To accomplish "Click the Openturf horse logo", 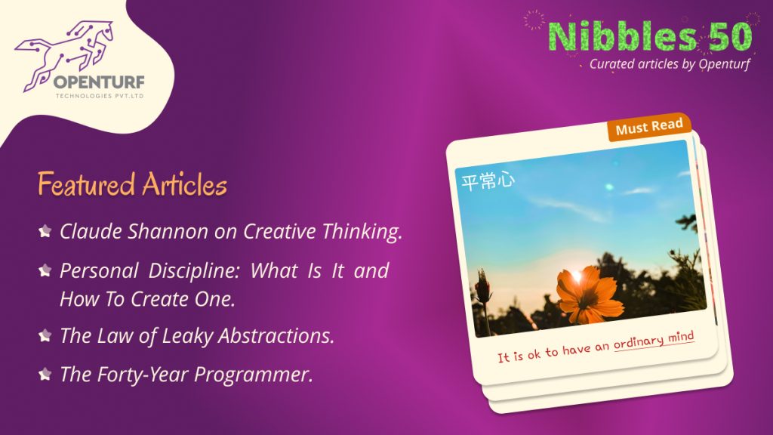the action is [64, 54].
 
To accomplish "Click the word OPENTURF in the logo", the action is [99, 82].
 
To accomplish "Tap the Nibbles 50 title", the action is [650, 36].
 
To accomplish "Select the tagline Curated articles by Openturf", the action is [670, 64].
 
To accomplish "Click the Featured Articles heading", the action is [132, 184].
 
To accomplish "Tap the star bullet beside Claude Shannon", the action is [45, 231].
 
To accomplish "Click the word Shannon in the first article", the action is [168, 231].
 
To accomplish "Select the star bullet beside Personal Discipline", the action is [45, 270].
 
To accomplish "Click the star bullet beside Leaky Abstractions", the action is [45, 336].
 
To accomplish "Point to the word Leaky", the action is [187, 336].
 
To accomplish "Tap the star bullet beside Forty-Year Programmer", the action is [45, 375].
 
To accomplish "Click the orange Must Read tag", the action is [649, 127].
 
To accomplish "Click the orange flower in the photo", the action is [587, 294].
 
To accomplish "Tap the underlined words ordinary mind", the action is [654, 340].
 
